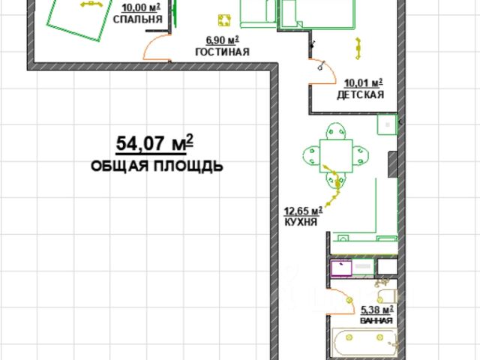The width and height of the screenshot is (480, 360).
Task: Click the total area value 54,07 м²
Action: click(154, 143)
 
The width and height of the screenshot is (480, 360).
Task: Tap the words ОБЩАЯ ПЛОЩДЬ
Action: click(157, 166)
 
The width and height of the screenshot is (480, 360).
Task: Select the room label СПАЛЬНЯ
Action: click(138, 19)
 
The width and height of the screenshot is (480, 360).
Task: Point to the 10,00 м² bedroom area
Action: click(141, 7)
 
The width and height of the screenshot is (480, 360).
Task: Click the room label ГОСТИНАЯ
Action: click(222, 52)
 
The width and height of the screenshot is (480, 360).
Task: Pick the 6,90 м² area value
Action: click(222, 40)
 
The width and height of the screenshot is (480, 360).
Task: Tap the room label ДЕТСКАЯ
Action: click(360, 94)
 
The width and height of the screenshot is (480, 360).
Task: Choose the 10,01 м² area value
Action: click(363, 83)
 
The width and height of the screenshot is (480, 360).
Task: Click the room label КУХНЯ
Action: click(301, 222)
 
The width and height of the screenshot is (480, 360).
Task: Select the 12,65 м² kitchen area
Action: click(303, 211)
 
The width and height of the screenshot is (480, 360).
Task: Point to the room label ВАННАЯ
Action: click(376, 320)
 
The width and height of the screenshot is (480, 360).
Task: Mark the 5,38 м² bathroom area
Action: click(376, 310)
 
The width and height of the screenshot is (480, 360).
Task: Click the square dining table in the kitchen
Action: click(336, 156)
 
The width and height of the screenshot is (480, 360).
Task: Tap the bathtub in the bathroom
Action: click(365, 342)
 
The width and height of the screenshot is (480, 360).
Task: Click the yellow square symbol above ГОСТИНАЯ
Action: click(224, 20)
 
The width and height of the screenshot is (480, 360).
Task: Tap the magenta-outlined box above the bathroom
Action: click(342, 268)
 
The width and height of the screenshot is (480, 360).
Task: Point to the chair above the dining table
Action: click(336, 131)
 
